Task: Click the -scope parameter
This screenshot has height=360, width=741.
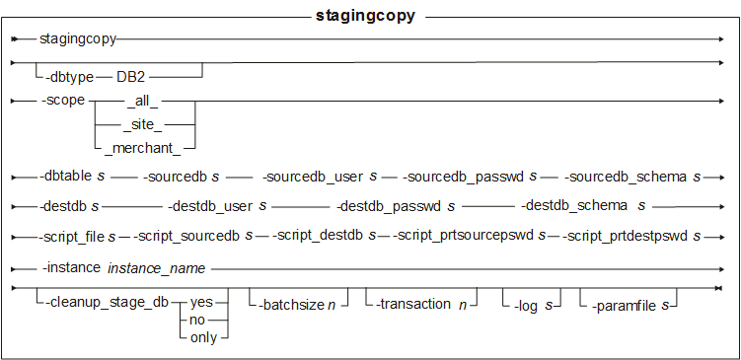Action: [63, 102]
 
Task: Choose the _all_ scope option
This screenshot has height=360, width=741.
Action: [143, 102]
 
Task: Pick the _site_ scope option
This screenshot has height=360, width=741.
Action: [143, 124]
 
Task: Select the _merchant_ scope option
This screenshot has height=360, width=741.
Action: [143, 147]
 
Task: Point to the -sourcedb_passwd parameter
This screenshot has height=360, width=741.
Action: [463, 178]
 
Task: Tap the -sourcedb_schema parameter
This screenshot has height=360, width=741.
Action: [625, 178]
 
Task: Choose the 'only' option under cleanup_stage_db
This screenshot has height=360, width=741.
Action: [203, 338]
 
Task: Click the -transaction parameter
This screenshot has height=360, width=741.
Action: [414, 305]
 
